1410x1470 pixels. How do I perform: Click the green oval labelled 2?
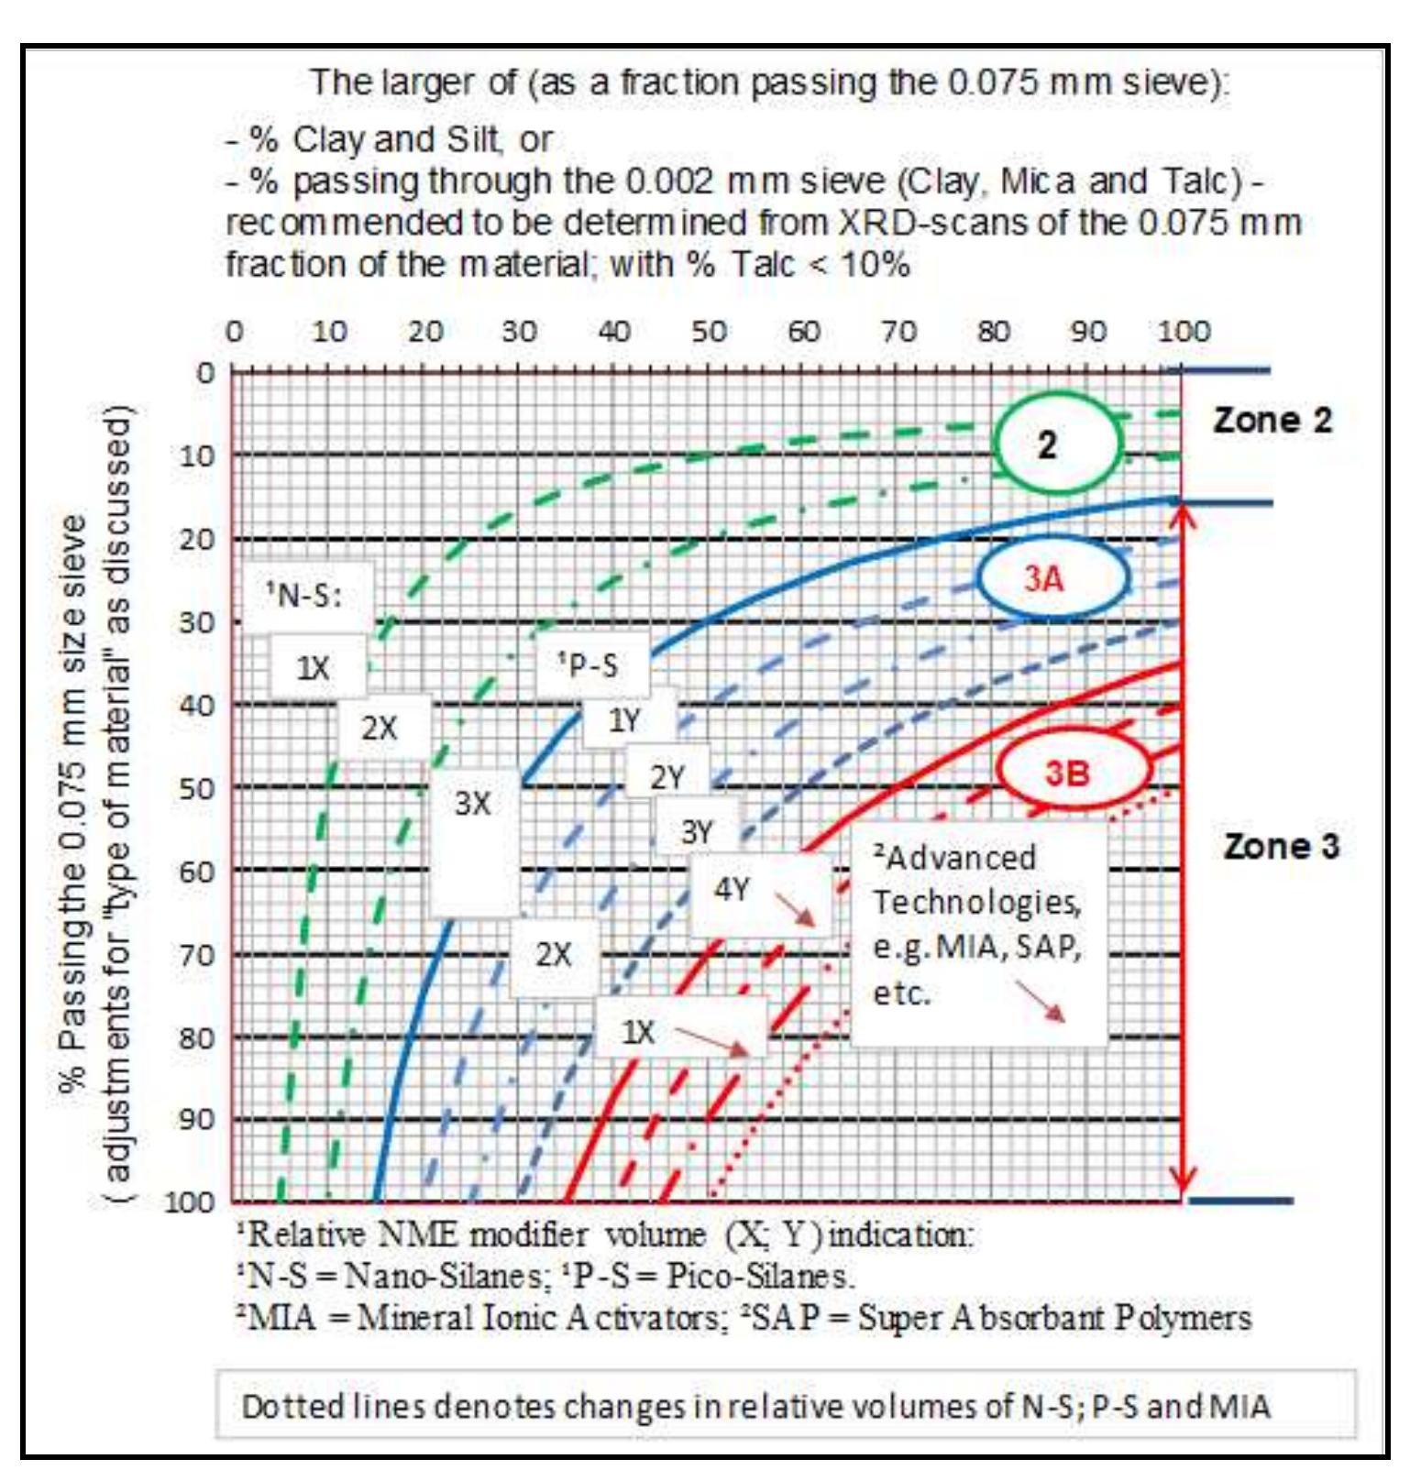pos(1057,444)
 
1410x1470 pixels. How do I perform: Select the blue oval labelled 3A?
pos(1052,578)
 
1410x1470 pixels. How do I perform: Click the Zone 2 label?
pos(1272,420)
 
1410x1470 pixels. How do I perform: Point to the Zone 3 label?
pos(1281,845)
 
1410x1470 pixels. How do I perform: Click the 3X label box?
pos(473,804)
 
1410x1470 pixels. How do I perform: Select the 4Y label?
pos(732,889)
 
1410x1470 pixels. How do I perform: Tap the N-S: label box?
pos(305,596)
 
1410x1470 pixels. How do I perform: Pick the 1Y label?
pos(626,720)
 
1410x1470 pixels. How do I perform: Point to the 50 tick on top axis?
pos(709,332)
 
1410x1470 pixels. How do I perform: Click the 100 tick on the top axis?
pos(1183,332)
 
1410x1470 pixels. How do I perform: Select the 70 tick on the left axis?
pos(194,954)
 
